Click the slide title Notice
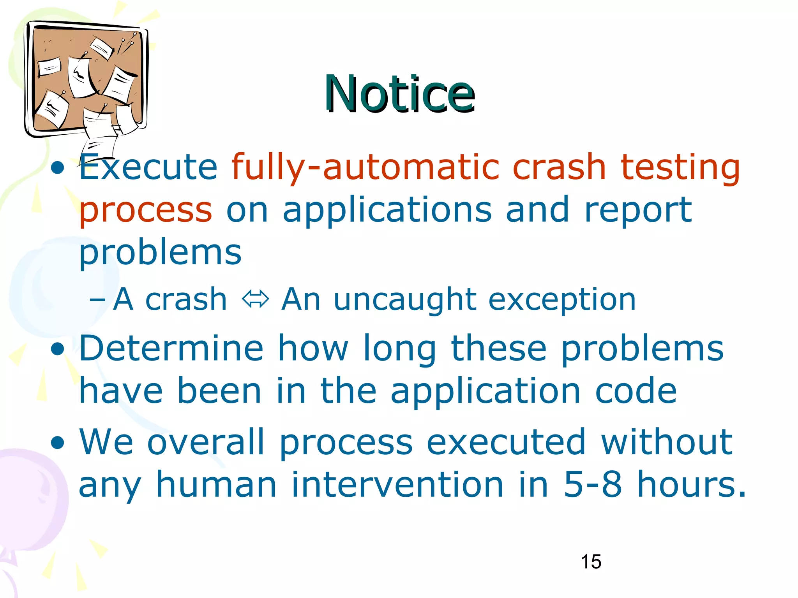click(400, 94)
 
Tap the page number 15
click(591, 562)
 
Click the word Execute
click(148, 167)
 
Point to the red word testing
click(680, 168)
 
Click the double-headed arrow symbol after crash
click(255, 299)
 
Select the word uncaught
click(405, 300)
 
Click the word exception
click(562, 300)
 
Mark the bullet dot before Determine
click(58, 349)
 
